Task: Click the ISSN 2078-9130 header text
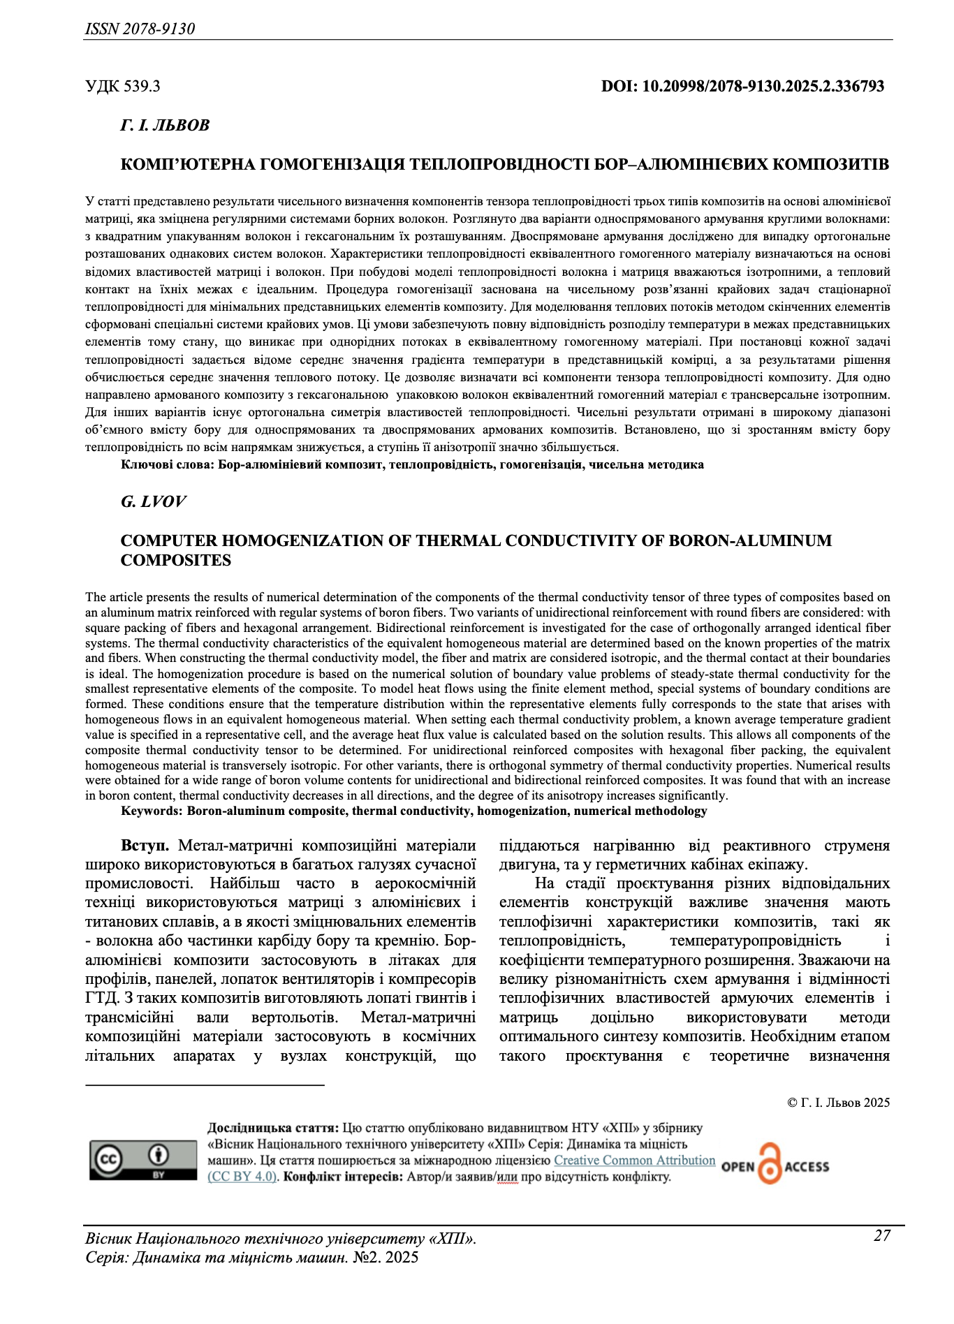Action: pos(140,29)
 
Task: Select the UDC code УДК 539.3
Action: pos(122,87)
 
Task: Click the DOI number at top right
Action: pos(742,87)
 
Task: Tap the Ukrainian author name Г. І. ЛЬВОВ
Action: pos(165,126)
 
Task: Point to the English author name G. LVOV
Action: pos(154,502)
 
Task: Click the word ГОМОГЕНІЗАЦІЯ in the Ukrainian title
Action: pos(336,165)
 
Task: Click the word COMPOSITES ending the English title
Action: pos(176,561)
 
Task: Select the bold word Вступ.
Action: pos(145,846)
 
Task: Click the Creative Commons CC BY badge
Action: pos(143,1161)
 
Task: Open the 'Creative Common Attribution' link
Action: pos(634,1161)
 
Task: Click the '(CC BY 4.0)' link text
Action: pos(243,1177)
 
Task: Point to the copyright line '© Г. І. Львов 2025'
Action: pos(838,1103)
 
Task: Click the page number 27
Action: pos(882,1236)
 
